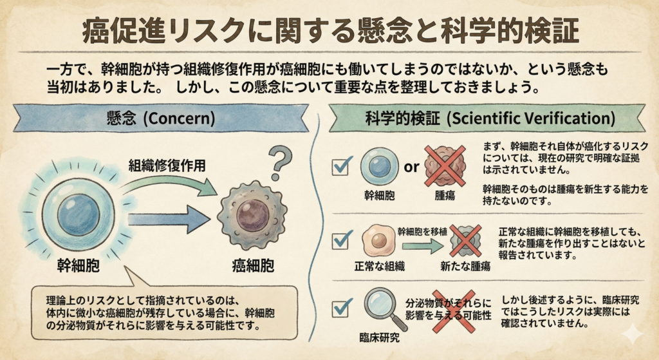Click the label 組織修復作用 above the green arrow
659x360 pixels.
point(167,166)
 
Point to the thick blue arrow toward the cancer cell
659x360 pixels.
point(169,219)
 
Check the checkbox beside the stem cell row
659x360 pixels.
point(340,167)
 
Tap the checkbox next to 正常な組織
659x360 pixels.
point(340,241)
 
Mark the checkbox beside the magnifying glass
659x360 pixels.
point(340,308)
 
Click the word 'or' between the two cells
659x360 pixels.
point(411,167)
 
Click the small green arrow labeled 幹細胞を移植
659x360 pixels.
point(422,245)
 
